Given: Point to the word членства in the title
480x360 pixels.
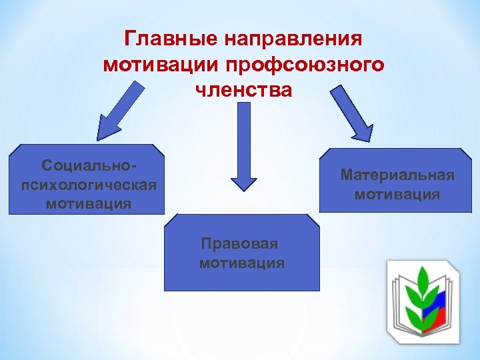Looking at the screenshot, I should (x=243, y=89).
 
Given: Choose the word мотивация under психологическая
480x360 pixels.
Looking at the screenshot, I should (x=88, y=202).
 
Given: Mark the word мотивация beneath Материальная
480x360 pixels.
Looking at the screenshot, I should (x=397, y=194).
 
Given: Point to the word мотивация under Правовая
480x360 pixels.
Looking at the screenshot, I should (x=241, y=263).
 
